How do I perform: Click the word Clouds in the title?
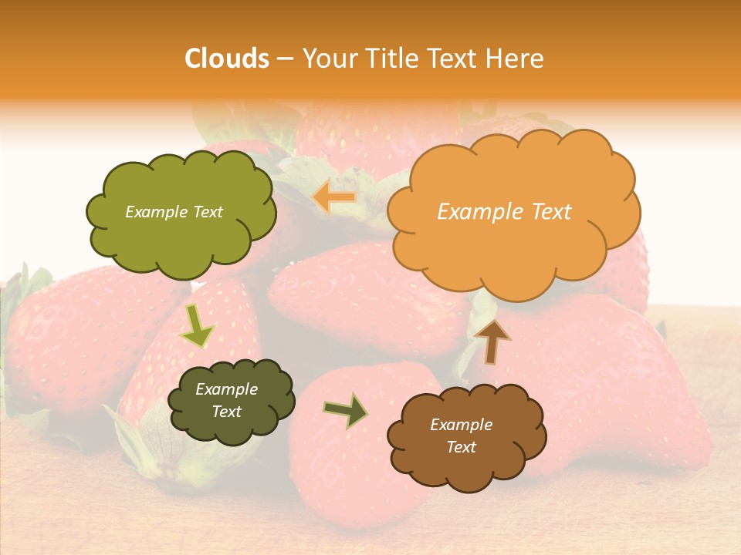[227, 59]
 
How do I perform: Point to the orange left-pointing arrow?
[335, 197]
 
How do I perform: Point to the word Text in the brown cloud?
[461, 447]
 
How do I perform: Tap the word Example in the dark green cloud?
[226, 389]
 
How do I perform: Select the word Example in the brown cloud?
[461, 425]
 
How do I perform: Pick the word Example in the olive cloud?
[157, 212]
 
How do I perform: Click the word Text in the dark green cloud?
[226, 412]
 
